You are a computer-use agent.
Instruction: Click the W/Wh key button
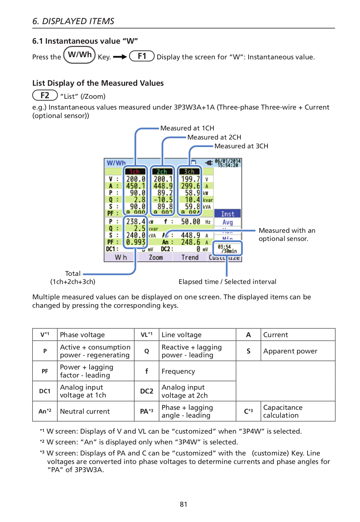79,55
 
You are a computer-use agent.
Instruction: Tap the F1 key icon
142,56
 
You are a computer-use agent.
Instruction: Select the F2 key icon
45,96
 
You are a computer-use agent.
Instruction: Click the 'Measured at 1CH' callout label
187,128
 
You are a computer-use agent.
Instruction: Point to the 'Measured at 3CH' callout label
241,146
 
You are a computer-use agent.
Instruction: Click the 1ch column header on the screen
135,172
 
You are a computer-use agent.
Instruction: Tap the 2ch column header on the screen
162,172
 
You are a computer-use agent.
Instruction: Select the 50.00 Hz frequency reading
191,222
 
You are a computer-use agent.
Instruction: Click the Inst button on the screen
227,214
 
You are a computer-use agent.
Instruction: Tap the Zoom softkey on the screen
156,258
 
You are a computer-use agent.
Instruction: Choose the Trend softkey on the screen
190,258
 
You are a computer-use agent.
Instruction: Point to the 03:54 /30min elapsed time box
227,249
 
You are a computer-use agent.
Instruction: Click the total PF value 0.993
136,242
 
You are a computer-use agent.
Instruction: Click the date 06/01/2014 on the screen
227,161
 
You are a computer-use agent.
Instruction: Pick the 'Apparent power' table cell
290,351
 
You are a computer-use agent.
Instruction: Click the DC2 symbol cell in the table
147,391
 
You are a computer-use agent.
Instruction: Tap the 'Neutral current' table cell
85,411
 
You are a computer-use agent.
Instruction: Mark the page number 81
183,504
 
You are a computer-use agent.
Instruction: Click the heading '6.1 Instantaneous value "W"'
85,41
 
